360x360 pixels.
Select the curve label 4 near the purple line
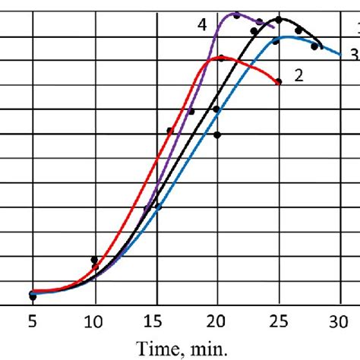point(203,25)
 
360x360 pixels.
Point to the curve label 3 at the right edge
point(354,54)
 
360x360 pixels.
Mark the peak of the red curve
point(221,57)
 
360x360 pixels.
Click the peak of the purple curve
point(238,14)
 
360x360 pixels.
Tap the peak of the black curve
point(279,18)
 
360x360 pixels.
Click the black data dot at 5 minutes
point(33,295)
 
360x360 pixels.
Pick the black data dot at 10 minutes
point(95,261)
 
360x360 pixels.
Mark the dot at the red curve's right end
point(279,81)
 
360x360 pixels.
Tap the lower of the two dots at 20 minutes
point(218,135)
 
